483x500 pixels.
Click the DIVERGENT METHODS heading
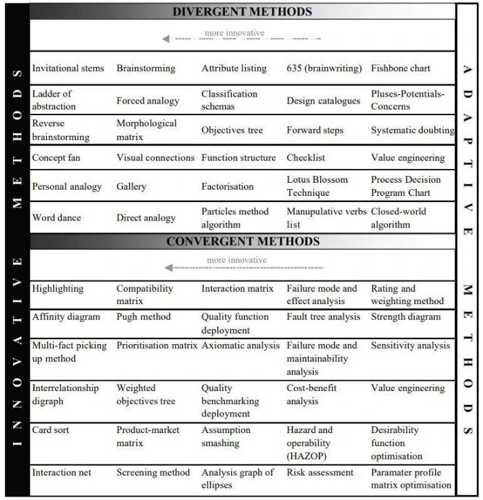coord(241,11)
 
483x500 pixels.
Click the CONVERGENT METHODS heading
coord(243,241)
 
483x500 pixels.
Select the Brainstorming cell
coord(146,68)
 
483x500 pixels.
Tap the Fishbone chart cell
coord(400,68)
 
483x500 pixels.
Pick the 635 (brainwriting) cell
coord(324,68)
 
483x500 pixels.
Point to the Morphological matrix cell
coord(146,130)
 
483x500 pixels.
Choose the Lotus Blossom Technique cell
coord(317,186)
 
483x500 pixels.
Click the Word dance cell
coord(57,218)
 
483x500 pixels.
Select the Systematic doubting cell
coord(413,130)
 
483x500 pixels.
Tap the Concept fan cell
coord(56,158)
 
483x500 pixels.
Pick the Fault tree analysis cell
coord(323,317)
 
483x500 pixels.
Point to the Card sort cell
coord(52,430)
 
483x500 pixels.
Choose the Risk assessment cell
coord(319,472)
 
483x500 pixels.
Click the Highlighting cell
coord(57,289)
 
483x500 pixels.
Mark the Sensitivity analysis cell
coord(410,346)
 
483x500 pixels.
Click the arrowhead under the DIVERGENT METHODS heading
coord(166,39)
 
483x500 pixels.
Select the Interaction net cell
coord(61,472)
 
